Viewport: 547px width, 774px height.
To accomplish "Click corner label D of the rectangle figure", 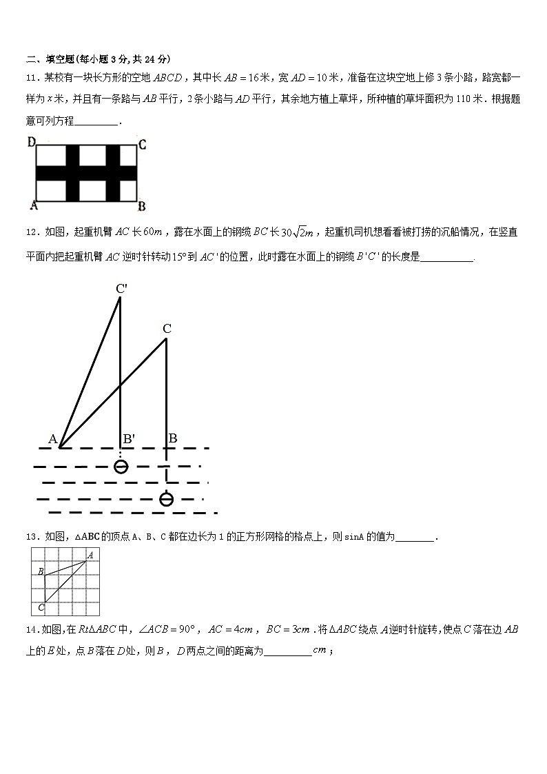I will pos(31,143).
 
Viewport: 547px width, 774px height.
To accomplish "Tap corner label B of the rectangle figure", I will pos(141,205).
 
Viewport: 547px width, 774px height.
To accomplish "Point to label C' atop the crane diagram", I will pos(121,289).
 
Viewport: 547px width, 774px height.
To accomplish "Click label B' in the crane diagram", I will pos(129,438).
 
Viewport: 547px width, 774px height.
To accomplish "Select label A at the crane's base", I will pos(52,439).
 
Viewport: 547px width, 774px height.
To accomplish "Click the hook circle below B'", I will pos(121,467).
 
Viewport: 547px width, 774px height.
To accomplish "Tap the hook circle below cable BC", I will pos(166,499).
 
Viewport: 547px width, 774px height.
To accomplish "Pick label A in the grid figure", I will pos(90,553).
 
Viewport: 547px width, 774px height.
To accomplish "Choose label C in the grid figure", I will pos(41,607).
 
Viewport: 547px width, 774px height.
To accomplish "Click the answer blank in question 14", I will pos(288,651).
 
